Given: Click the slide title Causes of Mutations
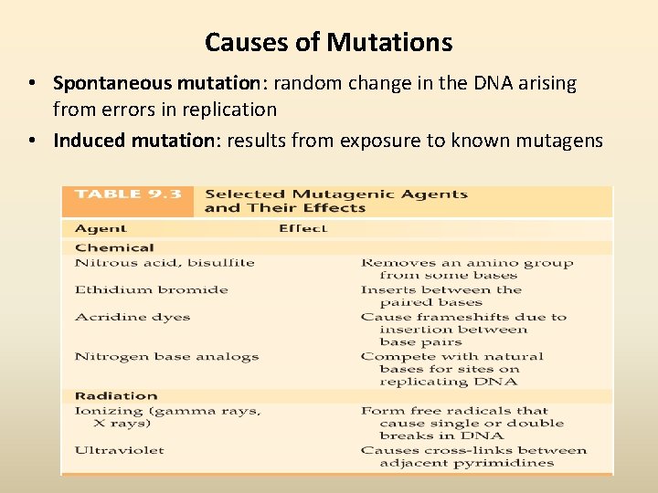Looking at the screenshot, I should coord(328,42).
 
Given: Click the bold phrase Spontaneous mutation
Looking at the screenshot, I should coord(156,83).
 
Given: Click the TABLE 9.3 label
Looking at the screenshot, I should coord(127,194).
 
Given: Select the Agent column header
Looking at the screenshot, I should coord(101,228).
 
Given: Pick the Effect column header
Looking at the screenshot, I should coord(302,228).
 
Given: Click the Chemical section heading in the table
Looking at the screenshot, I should coord(114,247).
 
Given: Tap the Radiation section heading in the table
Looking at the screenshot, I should coord(116,396).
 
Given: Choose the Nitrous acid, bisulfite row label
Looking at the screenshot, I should coord(164,263).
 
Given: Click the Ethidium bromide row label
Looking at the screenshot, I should coord(151,290).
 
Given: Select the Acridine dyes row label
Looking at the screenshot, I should coord(133,318).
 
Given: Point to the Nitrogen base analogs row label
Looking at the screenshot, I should coord(166,357).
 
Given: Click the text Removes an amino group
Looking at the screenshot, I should coord(466,263).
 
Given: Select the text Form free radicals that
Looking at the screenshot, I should coord(453,411).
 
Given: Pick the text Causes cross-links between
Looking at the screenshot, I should coord(473,450).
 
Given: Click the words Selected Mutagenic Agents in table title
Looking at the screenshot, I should coord(336,194).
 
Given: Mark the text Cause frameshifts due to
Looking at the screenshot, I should coord(463,318).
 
